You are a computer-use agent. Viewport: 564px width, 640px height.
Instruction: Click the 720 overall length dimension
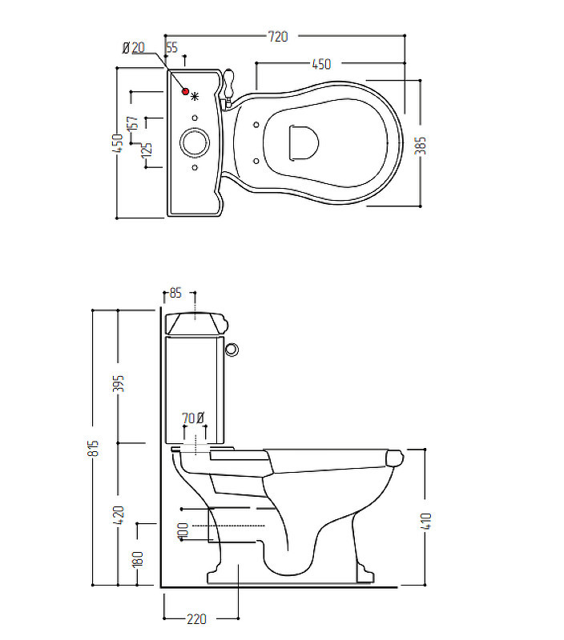(278, 37)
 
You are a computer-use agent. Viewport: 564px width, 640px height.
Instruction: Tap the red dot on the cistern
(186, 91)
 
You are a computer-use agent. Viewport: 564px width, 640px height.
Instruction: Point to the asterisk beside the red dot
(195, 97)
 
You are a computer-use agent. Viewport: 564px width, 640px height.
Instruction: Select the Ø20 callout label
(134, 48)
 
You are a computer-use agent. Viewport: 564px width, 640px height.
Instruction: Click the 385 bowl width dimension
(420, 146)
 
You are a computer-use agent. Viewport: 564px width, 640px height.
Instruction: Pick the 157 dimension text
(133, 123)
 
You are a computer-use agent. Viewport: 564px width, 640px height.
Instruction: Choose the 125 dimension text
(147, 150)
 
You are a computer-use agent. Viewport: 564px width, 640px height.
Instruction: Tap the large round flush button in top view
(195, 142)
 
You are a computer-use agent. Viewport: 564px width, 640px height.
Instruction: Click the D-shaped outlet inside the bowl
(304, 142)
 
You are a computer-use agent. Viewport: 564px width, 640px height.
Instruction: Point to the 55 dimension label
(172, 48)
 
